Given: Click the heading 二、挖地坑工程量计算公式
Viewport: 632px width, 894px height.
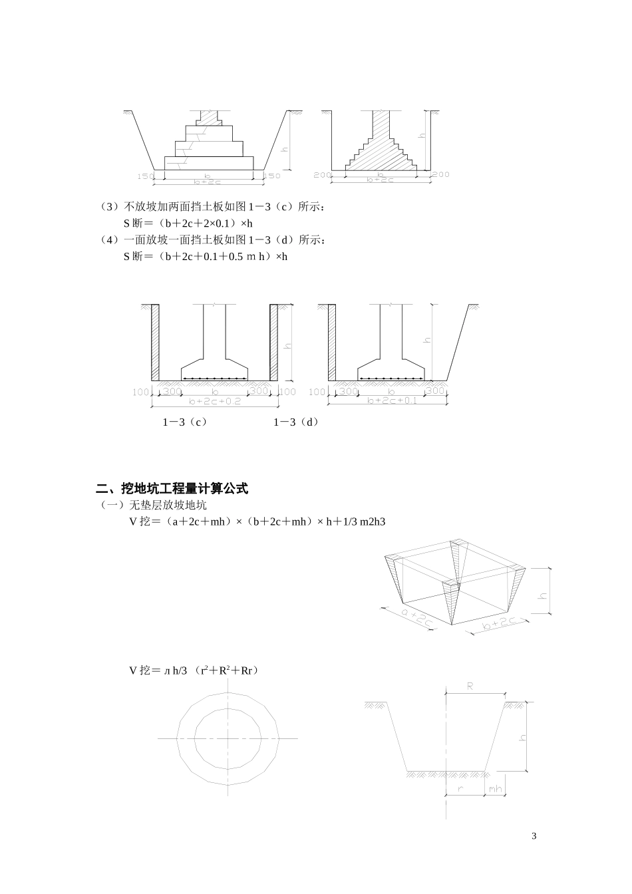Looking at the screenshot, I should point(172,489).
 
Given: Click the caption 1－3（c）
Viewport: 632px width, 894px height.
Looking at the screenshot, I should point(185,422).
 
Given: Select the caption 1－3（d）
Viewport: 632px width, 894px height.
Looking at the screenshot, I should point(296,422).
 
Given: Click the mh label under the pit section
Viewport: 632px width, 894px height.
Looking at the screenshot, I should point(495,789).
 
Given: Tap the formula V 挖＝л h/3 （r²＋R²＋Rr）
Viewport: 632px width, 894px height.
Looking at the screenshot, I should point(194,671).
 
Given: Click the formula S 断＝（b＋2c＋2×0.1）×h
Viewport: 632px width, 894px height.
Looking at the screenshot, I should point(188,223).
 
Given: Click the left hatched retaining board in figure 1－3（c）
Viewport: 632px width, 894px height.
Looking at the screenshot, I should point(155,343).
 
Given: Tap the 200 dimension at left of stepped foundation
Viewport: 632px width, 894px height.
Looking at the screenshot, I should point(321,175).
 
